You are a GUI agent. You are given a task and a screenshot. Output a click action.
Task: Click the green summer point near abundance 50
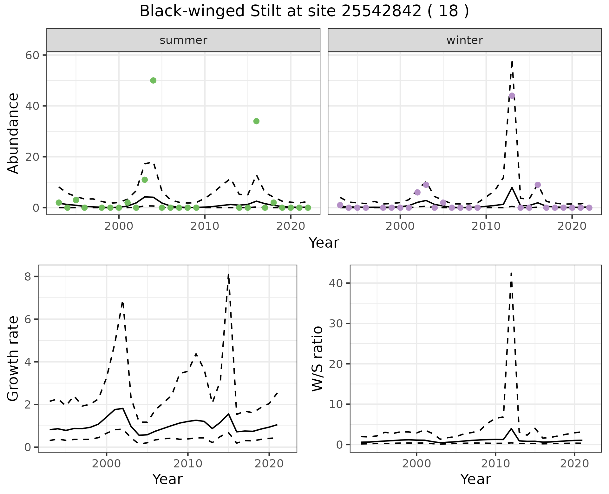[x=153, y=80]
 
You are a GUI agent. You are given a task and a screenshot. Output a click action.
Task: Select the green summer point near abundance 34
[x=256, y=121]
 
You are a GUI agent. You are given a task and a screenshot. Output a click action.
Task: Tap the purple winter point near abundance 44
[x=512, y=96]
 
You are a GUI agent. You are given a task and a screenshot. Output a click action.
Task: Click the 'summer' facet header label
[x=183, y=40]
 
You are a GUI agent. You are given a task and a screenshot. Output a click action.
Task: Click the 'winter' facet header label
[x=464, y=40]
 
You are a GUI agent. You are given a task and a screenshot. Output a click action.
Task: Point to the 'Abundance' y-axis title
[x=13, y=133]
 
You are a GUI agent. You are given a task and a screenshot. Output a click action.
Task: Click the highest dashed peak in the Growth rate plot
[x=228, y=274]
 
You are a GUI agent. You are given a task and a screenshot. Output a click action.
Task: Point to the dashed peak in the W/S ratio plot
[x=511, y=273]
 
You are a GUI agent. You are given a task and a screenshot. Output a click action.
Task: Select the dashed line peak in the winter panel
[x=512, y=61]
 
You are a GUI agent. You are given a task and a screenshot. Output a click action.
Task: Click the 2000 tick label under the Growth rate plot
[x=107, y=464]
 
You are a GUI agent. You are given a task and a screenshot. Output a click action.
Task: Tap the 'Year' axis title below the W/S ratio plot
[x=475, y=479]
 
